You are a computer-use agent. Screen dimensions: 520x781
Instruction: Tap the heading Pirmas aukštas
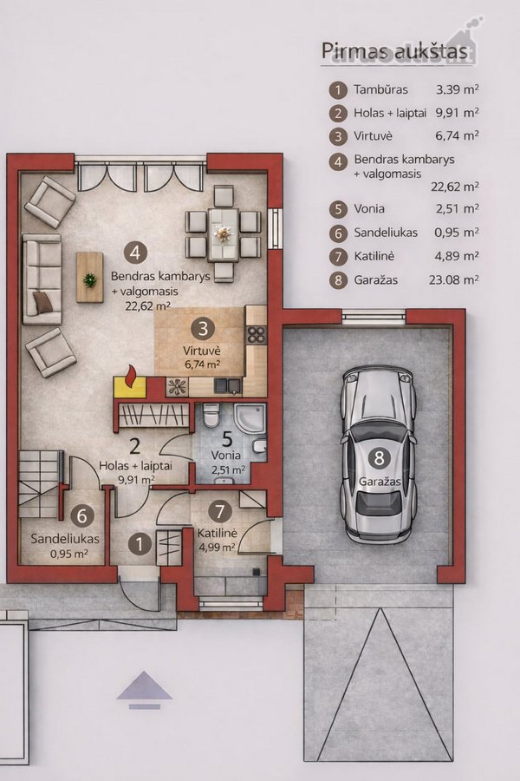(x=394, y=51)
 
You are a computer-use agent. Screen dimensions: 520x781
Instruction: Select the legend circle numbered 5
(x=338, y=208)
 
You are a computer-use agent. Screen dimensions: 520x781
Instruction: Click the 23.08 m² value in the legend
(x=454, y=280)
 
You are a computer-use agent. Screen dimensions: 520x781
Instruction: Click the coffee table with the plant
(x=90, y=277)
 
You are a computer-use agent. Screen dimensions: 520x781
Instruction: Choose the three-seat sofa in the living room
(x=42, y=279)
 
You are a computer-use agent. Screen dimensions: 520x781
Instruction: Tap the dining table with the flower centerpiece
(x=224, y=234)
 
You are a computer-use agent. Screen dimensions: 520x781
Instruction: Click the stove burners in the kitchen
(x=257, y=335)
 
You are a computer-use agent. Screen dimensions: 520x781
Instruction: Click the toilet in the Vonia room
(x=211, y=415)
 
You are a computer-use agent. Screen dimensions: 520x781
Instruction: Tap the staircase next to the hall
(x=41, y=483)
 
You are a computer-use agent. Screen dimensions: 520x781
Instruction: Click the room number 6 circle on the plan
(x=82, y=515)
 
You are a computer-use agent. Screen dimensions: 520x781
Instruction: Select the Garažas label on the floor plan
(x=380, y=482)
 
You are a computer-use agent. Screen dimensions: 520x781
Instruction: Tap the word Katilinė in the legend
(x=374, y=257)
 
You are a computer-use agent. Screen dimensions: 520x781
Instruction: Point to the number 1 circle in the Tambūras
(x=140, y=544)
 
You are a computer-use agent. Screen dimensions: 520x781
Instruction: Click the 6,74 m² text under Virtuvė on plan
(x=203, y=364)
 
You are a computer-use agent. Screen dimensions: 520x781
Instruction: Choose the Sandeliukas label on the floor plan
(x=65, y=538)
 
